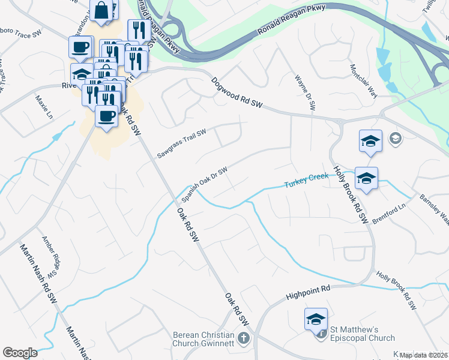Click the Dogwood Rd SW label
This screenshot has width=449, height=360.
[237, 92]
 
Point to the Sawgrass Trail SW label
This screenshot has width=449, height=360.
[182, 143]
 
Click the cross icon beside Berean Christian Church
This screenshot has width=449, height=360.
[243, 338]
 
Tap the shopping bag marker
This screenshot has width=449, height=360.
[102, 10]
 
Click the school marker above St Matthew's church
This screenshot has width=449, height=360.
[315, 320]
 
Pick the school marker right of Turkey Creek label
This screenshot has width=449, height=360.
[366, 178]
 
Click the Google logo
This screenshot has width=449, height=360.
[20, 353]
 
